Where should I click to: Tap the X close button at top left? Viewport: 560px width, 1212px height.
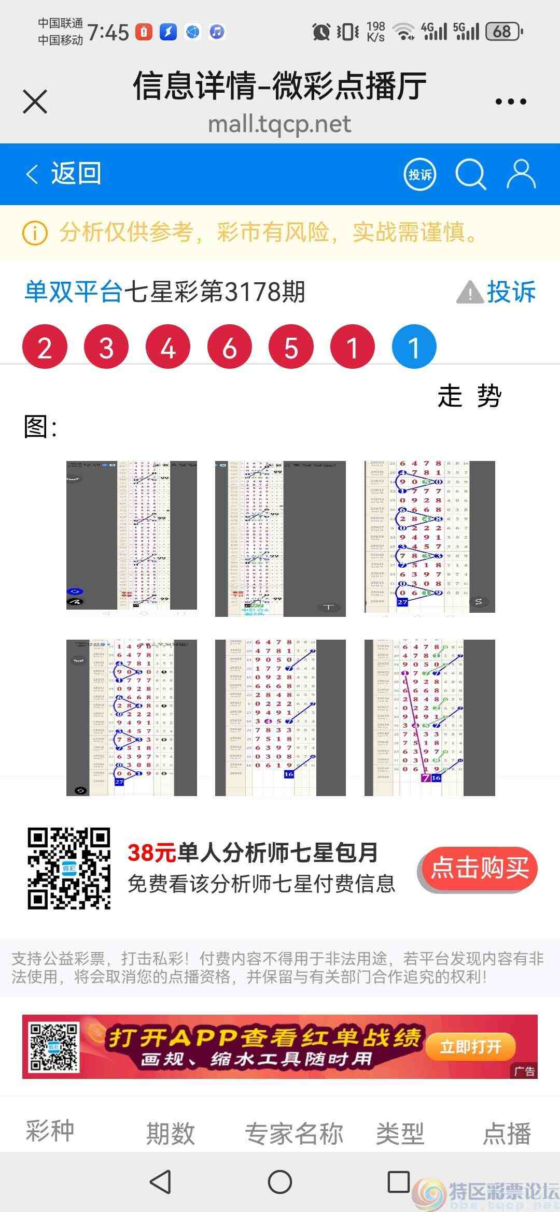coord(35,101)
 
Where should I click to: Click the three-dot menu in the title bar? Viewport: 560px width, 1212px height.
coord(511,102)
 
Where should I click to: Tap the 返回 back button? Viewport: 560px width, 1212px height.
coord(64,174)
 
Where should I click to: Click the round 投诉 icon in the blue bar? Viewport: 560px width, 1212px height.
coord(420,175)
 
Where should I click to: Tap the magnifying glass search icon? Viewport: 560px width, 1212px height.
coord(470,174)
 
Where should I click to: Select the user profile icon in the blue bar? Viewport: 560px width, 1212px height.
coord(521,174)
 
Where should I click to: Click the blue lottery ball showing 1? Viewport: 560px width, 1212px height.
coord(414,347)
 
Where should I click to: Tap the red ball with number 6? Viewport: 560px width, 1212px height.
coord(229,347)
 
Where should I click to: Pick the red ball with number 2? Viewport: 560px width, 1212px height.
coord(45,347)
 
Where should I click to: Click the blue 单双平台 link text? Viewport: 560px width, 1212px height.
coord(73,292)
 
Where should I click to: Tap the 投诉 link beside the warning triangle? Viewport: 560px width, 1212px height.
coord(510,292)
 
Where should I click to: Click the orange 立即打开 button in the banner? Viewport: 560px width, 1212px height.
coord(470,1047)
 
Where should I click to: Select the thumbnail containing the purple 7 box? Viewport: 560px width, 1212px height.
coord(429,717)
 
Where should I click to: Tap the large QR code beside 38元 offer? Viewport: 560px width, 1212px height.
coord(69,869)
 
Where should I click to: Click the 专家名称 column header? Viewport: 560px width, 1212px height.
coord(294,1134)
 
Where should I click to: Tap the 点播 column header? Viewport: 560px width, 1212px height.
coord(507,1134)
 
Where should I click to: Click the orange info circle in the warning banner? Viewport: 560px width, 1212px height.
coord(35,233)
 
